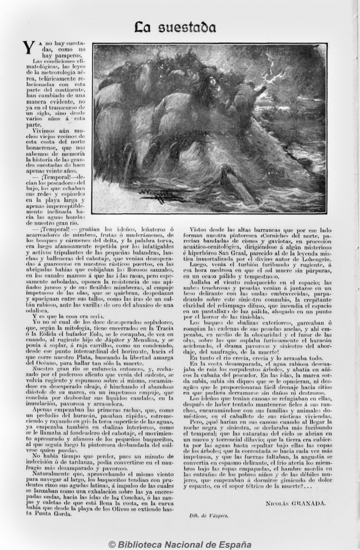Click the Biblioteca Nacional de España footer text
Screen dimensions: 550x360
click(180, 544)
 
